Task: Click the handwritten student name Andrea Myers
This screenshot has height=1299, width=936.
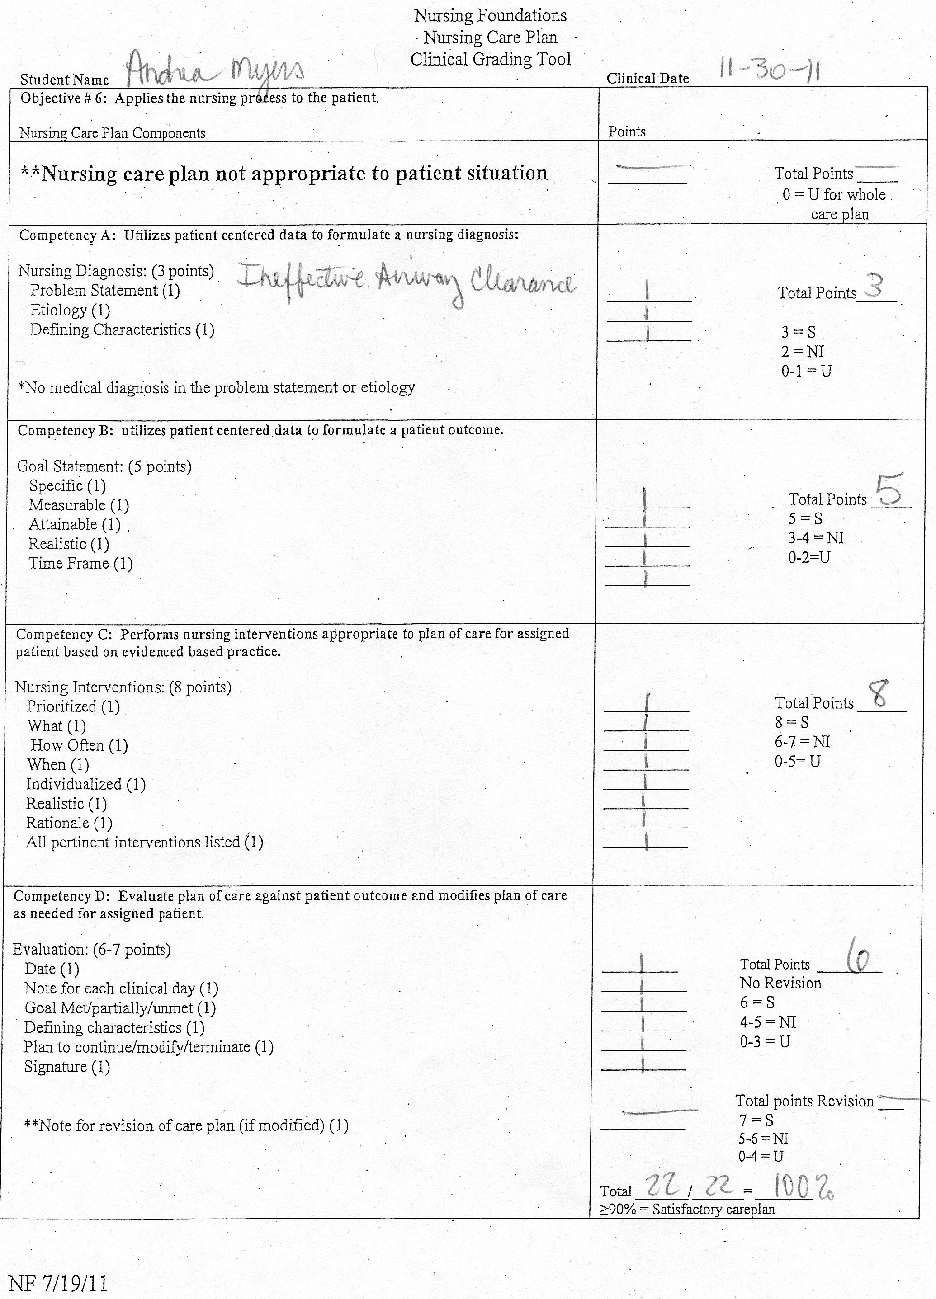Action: pos(215,73)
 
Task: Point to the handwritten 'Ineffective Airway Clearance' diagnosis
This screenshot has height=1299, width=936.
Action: pos(406,282)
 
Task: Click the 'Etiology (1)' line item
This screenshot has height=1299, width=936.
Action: pos(70,311)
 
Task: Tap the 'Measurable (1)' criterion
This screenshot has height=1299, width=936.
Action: pos(79,505)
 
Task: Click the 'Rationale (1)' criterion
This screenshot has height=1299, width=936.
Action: pos(69,823)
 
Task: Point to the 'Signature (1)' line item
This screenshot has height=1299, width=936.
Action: pos(67,1067)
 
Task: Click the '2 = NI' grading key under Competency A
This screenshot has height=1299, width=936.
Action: pos(802,352)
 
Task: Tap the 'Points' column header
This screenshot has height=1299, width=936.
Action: pos(627,132)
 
